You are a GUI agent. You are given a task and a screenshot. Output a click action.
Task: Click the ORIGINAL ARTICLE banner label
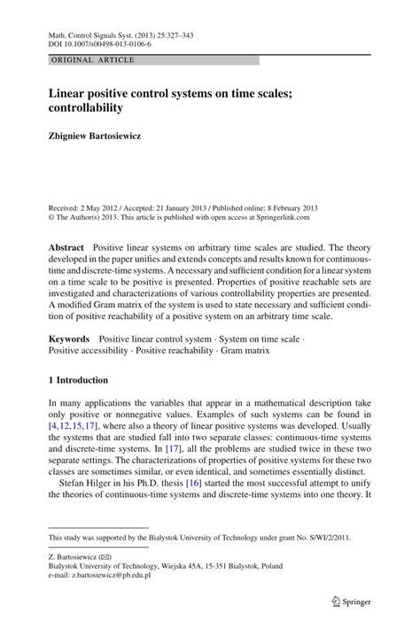[92, 59]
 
